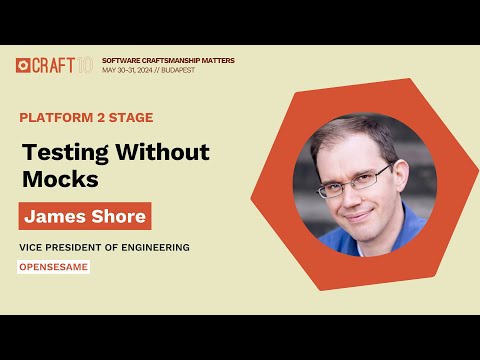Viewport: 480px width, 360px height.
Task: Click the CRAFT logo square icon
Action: click(x=23, y=65)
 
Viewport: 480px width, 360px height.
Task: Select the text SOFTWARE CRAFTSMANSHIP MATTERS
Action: click(x=168, y=60)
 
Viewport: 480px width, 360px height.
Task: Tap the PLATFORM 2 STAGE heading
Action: click(x=86, y=118)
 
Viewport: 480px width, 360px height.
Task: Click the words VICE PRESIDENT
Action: click(x=59, y=247)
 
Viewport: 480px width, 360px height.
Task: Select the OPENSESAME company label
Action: click(x=54, y=267)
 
